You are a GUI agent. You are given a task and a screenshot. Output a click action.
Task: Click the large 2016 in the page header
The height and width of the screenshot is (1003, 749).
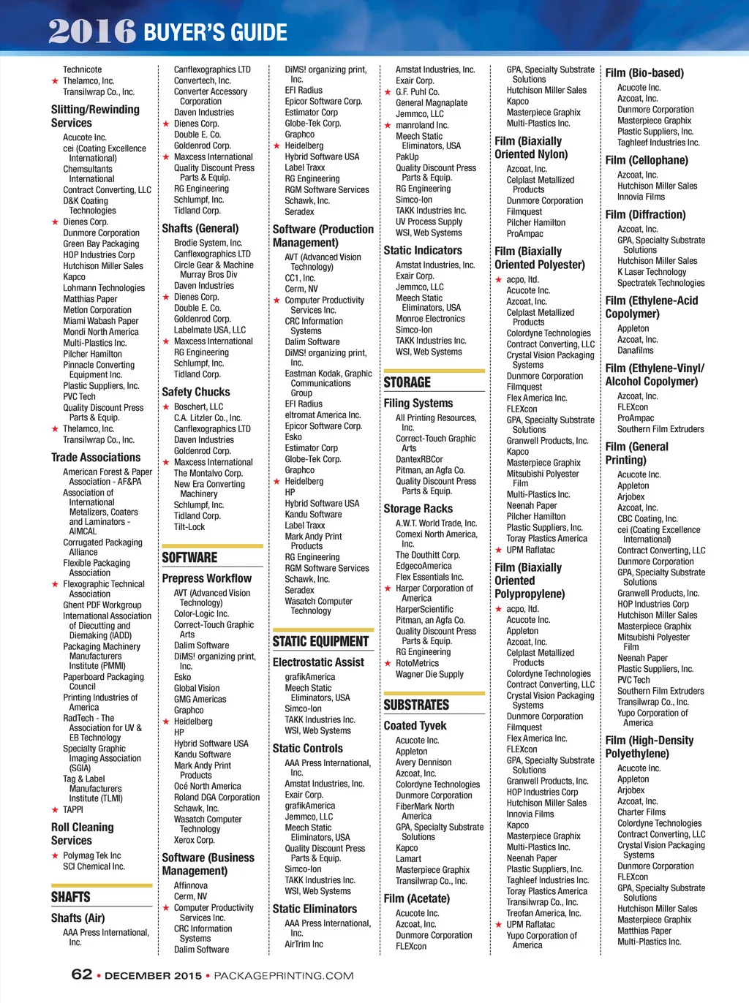click(x=92, y=31)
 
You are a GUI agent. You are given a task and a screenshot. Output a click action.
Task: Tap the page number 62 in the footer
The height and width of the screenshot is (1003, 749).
click(x=81, y=974)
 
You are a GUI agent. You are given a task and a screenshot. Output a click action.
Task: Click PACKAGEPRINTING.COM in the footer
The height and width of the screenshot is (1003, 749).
click(x=283, y=975)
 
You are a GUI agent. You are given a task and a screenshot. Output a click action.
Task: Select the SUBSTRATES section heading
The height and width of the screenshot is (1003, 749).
click(x=416, y=705)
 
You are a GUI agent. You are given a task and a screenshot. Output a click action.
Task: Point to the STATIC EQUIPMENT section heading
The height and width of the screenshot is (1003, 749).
click(x=320, y=641)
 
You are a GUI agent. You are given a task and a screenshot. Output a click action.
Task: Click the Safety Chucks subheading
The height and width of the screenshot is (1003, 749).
click(x=196, y=392)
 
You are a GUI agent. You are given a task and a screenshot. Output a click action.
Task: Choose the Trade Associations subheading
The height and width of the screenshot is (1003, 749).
click(x=96, y=457)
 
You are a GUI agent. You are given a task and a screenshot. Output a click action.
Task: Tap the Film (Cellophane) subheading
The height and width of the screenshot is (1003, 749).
click(x=647, y=160)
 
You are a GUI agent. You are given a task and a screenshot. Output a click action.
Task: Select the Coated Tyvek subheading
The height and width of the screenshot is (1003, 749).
click(x=415, y=725)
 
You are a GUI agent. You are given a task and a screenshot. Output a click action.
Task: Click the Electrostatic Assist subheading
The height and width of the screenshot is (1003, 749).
click(x=318, y=662)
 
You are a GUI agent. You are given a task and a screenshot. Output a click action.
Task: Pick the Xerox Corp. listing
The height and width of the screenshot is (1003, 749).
click(x=194, y=840)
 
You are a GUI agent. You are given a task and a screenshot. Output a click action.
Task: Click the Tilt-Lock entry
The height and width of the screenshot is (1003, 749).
click(x=189, y=526)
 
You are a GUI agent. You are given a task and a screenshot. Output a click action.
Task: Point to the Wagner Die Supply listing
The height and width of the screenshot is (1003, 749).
click(x=429, y=674)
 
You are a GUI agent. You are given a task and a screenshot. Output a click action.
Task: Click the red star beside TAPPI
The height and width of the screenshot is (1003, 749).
click(x=55, y=809)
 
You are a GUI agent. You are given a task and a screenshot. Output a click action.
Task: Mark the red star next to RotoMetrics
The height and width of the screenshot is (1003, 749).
click(x=388, y=663)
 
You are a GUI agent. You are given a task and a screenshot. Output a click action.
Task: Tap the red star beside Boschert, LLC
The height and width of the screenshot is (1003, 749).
click(x=166, y=406)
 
